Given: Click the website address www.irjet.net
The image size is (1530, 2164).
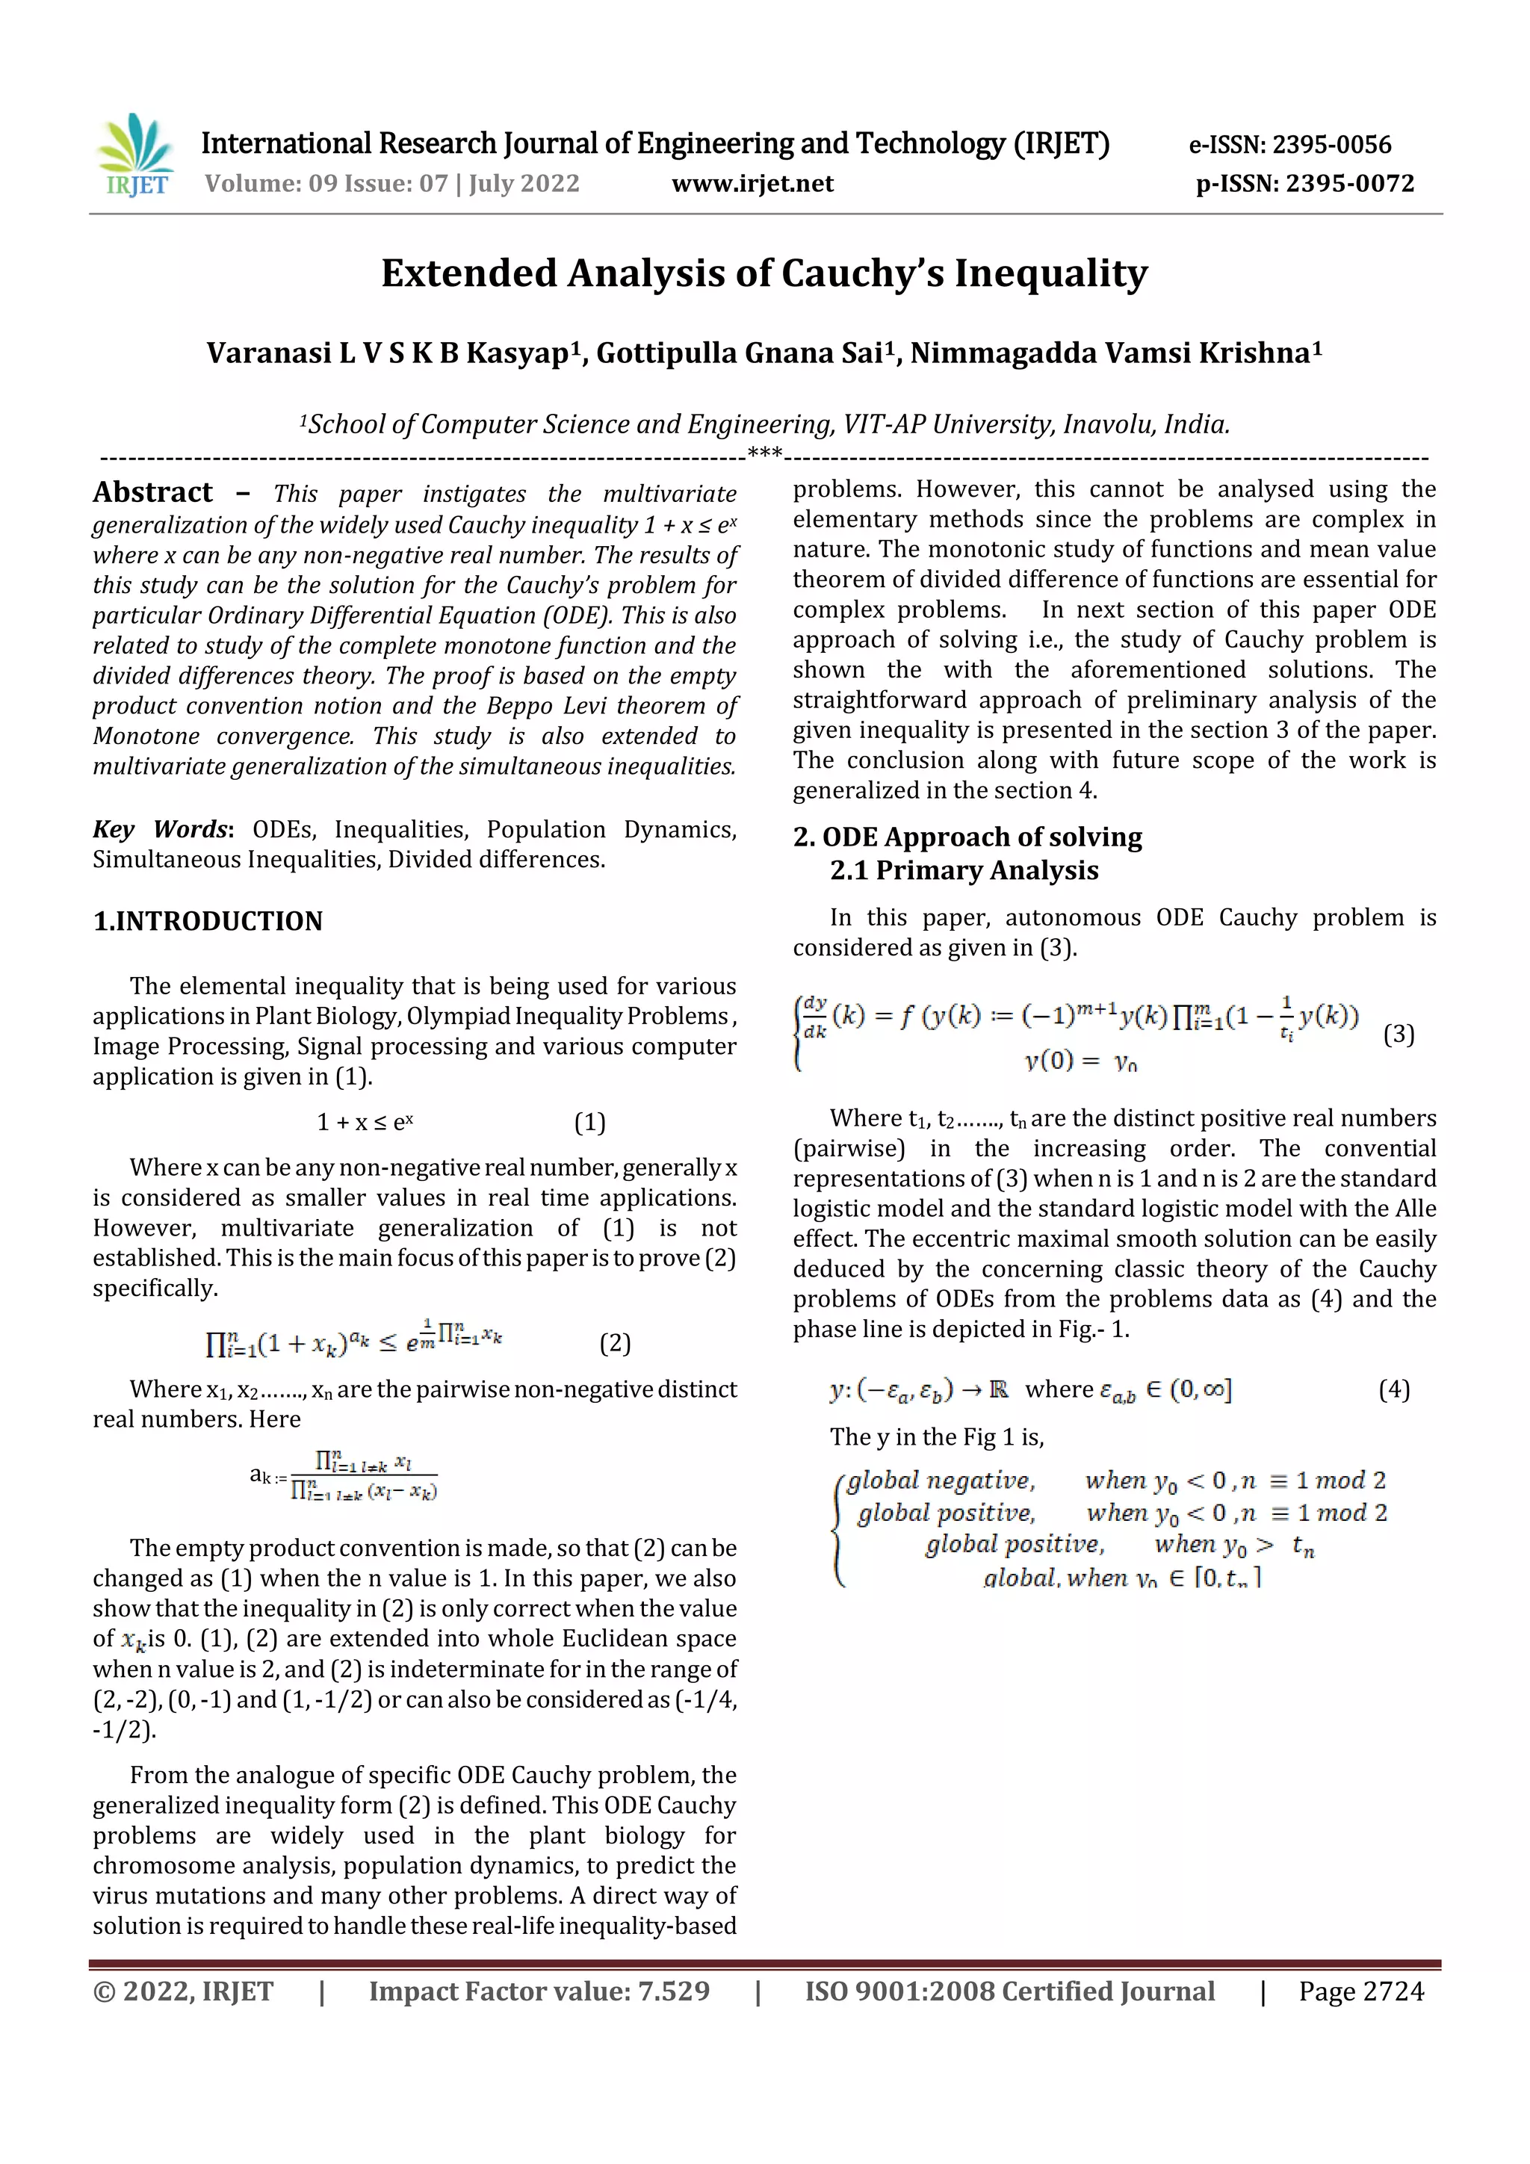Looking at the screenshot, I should point(752,184).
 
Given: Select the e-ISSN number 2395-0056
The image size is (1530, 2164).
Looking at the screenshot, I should point(1331,145).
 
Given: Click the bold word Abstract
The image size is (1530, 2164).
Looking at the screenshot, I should point(152,493).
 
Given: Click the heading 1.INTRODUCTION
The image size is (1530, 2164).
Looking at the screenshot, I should point(208,921).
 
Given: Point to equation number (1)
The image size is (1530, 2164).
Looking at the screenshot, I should point(590,1123).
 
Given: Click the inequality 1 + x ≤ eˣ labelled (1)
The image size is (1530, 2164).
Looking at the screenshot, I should point(365,1123).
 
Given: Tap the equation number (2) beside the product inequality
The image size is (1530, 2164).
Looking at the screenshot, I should point(615,1343).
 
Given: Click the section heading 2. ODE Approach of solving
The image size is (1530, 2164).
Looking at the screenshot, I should point(967,837).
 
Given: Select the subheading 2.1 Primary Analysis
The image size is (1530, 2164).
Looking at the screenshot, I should point(964,870).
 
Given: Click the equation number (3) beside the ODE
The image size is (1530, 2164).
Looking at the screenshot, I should point(1398,1035).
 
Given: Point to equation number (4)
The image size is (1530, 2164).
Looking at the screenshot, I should point(1393,1389).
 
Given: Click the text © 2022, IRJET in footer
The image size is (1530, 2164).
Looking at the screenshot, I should point(183,1991).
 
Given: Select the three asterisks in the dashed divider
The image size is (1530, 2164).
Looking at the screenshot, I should point(764,453).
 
